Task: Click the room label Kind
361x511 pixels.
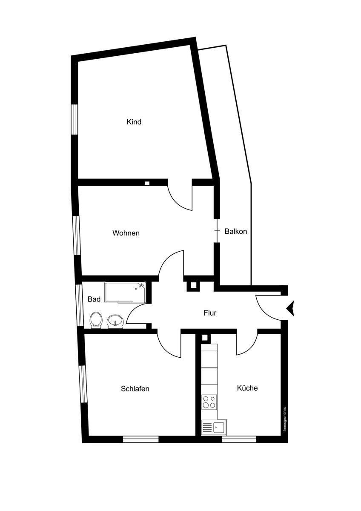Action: (x=134, y=122)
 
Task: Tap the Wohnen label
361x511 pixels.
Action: (x=126, y=233)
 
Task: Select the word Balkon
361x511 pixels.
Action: (x=236, y=232)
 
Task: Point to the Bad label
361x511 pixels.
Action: (x=94, y=299)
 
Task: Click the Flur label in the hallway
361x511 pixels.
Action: (x=210, y=313)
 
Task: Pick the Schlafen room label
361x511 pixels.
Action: (x=135, y=389)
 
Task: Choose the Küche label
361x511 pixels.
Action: (x=247, y=388)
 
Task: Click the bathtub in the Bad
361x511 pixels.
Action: (x=125, y=292)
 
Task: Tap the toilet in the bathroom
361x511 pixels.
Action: (x=96, y=319)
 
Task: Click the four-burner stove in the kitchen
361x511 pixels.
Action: (x=209, y=402)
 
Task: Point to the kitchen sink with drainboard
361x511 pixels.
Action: (x=214, y=427)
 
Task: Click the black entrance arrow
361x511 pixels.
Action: (x=292, y=308)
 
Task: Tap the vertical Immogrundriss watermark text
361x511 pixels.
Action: (x=285, y=419)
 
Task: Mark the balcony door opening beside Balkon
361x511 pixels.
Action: (x=217, y=231)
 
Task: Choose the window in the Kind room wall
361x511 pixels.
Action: (x=74, y=119)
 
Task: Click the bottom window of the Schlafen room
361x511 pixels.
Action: (x=140, y=439)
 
